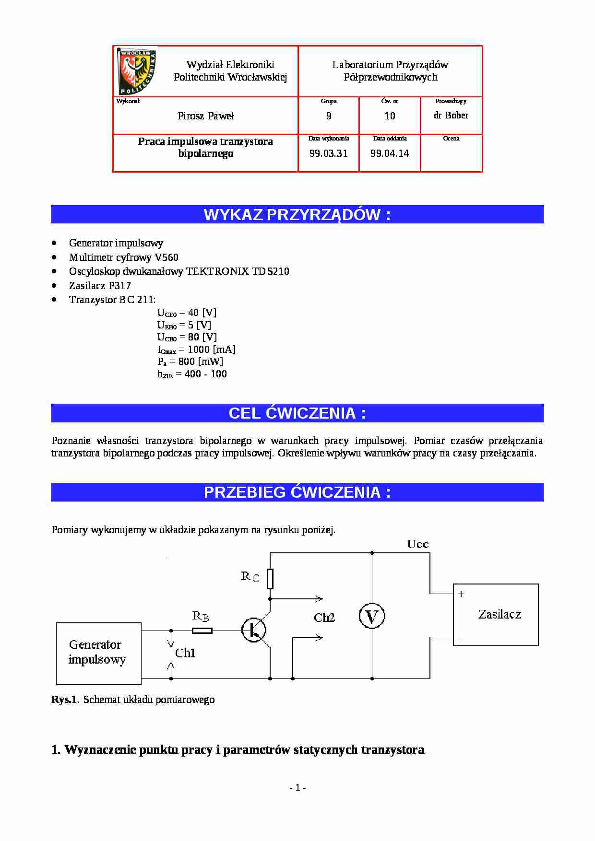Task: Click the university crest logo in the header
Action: [x=137, y=71]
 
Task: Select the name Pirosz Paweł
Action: [x=206, y=116]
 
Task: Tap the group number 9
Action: [x=329, y=116]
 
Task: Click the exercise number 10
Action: [x=390, y=116]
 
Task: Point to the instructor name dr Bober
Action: [x=451, y=116]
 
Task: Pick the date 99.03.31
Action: [x=329, y=153]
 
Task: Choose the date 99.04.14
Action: [x=390, y=153]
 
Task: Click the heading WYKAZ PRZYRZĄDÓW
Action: [x=297, y=214]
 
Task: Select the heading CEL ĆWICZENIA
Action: [x=297, y=413]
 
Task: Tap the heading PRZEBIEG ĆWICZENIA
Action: [x=297, y=492]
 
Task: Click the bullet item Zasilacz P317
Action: [x=100, y=286]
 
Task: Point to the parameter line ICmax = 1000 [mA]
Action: [x=197, y=350]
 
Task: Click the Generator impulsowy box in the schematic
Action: [x=99, y=653]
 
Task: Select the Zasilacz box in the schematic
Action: [x=496, y=615]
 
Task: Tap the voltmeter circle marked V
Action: [x=372, y=616]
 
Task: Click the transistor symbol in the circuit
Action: [x=254, y=630]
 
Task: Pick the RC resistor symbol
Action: [x=270, y=579]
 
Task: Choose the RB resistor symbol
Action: [x=202, y=631]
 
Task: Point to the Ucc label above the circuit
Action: [x=417, y=544]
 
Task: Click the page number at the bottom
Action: [x=297, y=787]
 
